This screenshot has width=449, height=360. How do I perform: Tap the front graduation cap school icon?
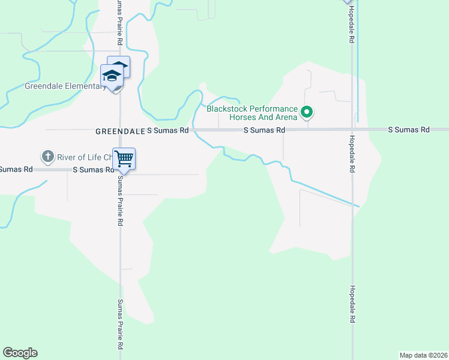(x=112, y=76)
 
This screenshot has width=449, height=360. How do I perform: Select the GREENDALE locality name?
(x=120, y=130)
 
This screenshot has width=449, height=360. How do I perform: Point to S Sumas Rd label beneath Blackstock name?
(x=264, y=130)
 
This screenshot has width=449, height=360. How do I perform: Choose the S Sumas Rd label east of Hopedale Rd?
(x=409, y=130)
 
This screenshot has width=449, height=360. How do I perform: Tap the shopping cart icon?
(x=124, y=159)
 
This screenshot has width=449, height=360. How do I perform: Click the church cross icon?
(x=47, y=157)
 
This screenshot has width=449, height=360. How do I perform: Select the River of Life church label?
(x=84, y=158)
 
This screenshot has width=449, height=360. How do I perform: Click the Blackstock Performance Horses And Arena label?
(x=252, y=113)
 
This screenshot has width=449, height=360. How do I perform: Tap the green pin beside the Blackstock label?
(x=307, y=112)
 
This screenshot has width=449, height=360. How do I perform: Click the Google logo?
(x=20, y=353)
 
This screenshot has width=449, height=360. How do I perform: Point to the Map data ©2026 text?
(x=423, y=355)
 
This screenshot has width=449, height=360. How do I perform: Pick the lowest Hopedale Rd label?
(x=353, y=304)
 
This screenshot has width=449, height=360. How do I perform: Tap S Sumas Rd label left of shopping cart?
(x=93, y=170)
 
